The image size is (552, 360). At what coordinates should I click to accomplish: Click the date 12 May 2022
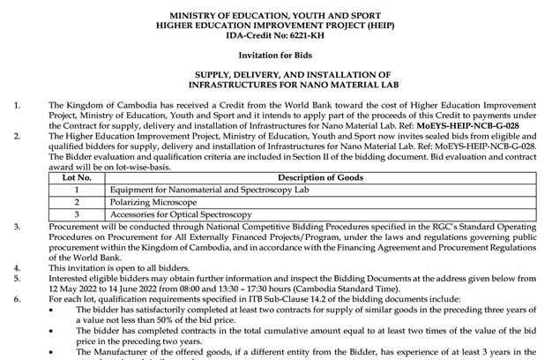point(76,288)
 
